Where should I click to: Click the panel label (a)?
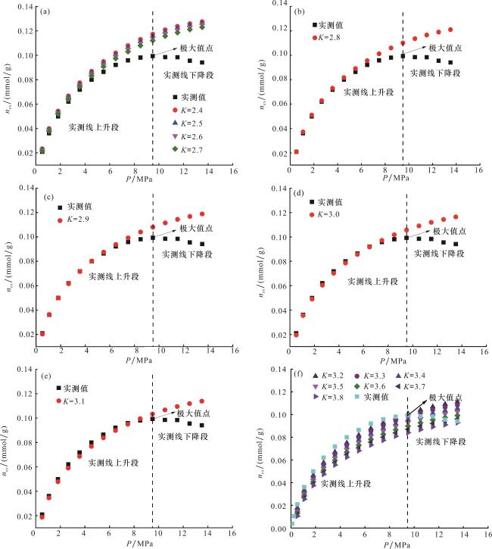click(45, 11)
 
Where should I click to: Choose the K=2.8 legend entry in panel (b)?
click(334, 36)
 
